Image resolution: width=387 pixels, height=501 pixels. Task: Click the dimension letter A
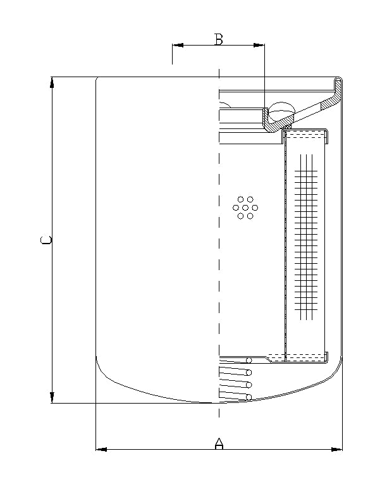point(219,443)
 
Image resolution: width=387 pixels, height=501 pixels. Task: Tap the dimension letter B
point(219,39)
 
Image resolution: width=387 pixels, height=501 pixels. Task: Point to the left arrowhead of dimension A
point(101,450)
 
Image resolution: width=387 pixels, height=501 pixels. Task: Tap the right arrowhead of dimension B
point(259,45)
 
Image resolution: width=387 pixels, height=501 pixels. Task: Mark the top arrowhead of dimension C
point(52,82)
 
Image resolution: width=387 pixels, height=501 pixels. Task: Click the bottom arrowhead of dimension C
point(52,397)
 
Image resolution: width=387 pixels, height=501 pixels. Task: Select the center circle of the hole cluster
point(245,207)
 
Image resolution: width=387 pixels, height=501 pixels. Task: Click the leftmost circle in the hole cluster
point(236,207)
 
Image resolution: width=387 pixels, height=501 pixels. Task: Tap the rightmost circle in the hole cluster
point(254,207)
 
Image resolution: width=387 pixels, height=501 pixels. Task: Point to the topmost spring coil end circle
point(250,361)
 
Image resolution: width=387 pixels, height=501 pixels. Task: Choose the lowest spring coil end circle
point(249,397)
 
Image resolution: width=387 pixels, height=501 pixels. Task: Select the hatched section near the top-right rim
point(329,101)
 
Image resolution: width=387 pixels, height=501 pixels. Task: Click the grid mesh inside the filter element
point(306,234)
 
